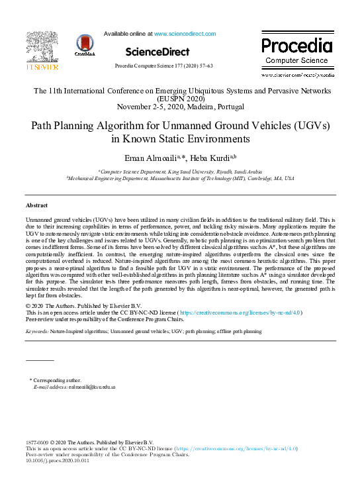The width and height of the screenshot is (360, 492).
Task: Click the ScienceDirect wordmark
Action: [157, 52]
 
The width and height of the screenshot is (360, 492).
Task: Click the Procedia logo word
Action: [296, 46]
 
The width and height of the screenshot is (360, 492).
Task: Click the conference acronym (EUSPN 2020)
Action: [179, 97]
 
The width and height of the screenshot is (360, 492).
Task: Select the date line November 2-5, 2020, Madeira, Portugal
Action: [179, 106]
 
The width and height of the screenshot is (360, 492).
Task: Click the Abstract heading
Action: [36, 206]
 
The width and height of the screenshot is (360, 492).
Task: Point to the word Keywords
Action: [36, 330]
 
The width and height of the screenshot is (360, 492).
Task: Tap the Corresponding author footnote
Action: [56, 380]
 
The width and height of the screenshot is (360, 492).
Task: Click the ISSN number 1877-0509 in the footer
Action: [37, 442]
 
